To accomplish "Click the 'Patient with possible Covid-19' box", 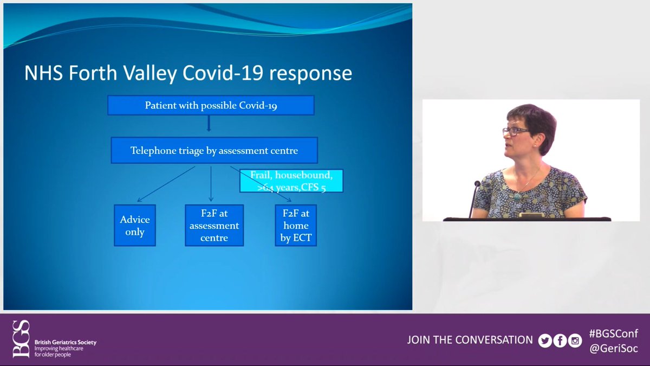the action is click(211, 105).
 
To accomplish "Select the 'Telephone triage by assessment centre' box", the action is click(214, 150).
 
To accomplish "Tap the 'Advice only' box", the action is click(135, 226).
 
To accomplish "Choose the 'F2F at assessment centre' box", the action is click(214, 226).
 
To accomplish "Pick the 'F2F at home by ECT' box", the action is click(296, 226).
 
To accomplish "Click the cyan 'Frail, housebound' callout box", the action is click(291, 181).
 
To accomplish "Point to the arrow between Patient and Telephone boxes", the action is click(209, 123).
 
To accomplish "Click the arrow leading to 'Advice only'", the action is click(166, 184).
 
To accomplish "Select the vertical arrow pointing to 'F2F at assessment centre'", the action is click(211, 184).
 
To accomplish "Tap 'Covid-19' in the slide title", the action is click(223, 72).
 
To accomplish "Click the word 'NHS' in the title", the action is click(43, 73).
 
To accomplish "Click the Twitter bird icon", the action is click(545, 341).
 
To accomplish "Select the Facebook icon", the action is click(560, 341).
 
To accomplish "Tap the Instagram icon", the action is click(575, 341).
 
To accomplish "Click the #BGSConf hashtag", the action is click(613, 333).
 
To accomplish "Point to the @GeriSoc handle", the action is click(613, 348).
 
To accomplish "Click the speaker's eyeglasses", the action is click(516, 132).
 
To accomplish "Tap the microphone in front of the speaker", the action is click(474, 199).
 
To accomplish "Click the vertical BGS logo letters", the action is click(21, 339).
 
